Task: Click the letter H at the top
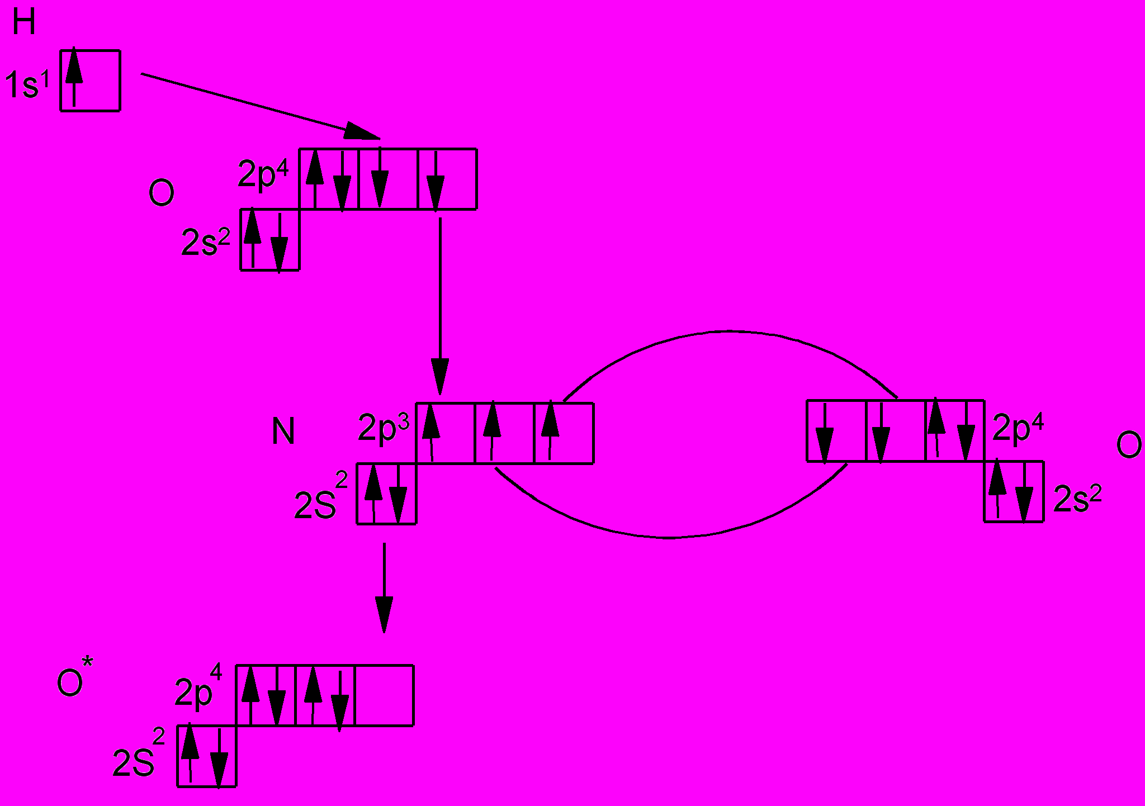coord(24,23)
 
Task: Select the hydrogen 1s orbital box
coord(91,80)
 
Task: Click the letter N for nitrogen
coord(283,432)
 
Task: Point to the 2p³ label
coord(384,429)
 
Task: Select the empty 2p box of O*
coord(384,695)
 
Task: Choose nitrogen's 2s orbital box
coord(387,494)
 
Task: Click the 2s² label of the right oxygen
coord(1077,498)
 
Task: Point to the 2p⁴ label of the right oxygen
coord(1018,429)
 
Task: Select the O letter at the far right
coord(1128,445)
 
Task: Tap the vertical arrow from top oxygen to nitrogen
coord(441,302)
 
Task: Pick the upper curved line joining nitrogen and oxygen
coord(727,332)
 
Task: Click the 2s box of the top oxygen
coord(270,240)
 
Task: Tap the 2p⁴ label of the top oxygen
coord(263,174)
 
